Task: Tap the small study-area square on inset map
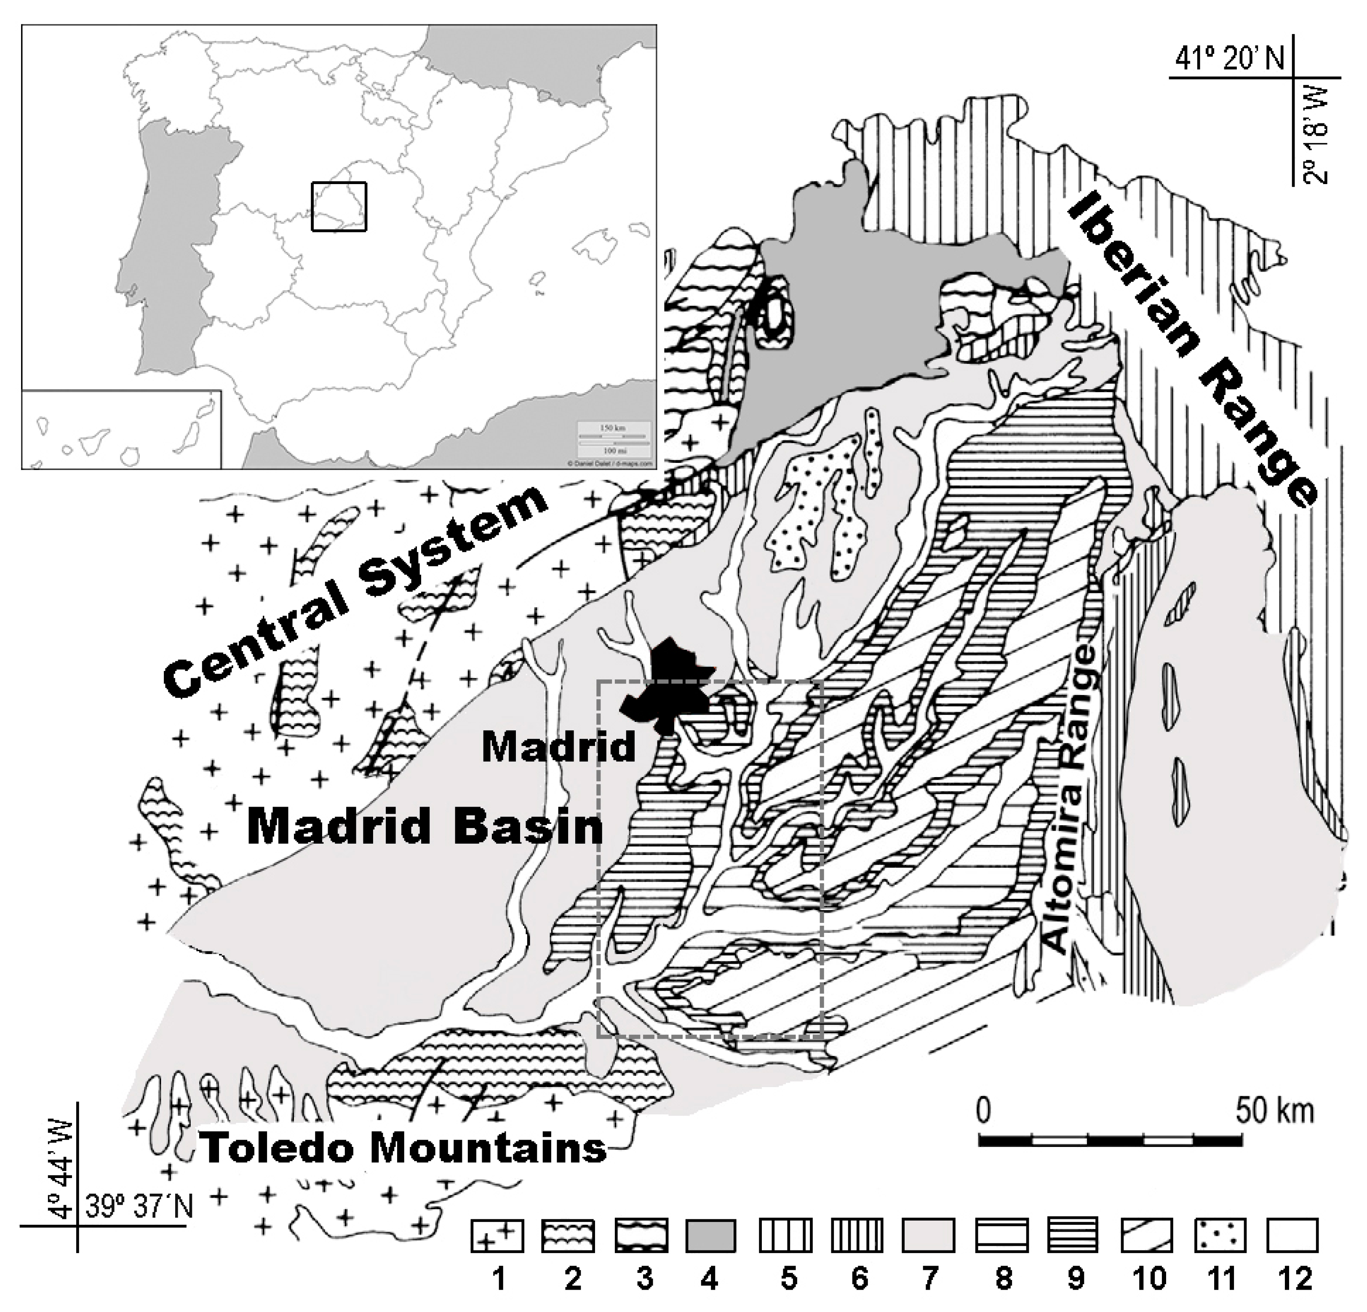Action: (x=339, y=206)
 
